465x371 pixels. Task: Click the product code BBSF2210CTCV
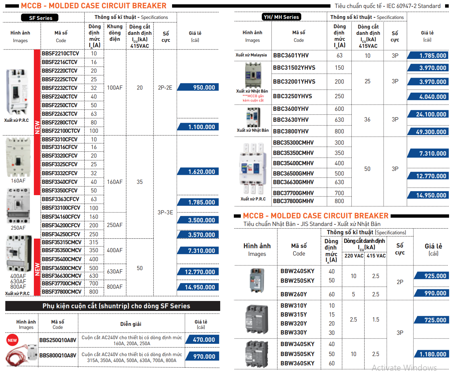(x=60, y=53)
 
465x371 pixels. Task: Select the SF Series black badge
(x=40, y=18)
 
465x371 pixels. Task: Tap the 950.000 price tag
(x=199, y=87)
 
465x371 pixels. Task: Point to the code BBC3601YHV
(x=291, y=55)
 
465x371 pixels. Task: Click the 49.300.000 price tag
(x=428, y=132)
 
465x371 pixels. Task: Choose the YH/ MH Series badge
(x=281, y=17)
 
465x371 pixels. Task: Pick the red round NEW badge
(x=12, y=340)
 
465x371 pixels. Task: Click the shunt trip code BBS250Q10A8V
(x=58, y=340)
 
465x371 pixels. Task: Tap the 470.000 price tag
(x=203, y=339)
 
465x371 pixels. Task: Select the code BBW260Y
(x=294, y=294)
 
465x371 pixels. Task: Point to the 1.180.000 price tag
(x=432, y=354)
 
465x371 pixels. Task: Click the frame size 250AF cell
(x=115, y=225)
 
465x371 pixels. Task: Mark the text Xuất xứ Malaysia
(x=251, y=55)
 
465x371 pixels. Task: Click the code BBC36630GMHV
(x=293, y=182)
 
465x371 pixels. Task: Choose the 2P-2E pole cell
(x=165, y=88)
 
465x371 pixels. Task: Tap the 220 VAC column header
(x=354, y=256)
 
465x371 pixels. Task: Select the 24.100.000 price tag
(x=428, y=114)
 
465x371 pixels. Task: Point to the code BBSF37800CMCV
(x=62, y=292)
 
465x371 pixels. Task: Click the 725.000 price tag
(x=432, y=320)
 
